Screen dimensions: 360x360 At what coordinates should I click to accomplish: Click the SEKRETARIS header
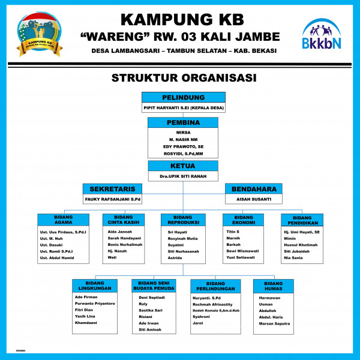click(x=112, y=188)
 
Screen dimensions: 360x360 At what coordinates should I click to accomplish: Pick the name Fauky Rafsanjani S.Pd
click(x=112, y=199)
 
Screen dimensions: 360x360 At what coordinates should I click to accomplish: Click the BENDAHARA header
click(x=253, y=188)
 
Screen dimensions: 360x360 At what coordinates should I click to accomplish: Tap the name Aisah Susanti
click(x=253, y=199)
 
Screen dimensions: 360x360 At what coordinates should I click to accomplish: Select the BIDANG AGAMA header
click(x=63, y=220)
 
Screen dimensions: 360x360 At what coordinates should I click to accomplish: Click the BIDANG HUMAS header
click(x=273, y=286)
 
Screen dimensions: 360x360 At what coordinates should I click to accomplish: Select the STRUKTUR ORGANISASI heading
click(x=184, y=78)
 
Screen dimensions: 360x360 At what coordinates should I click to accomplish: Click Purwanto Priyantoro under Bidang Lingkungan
click(x=95, y=304)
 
